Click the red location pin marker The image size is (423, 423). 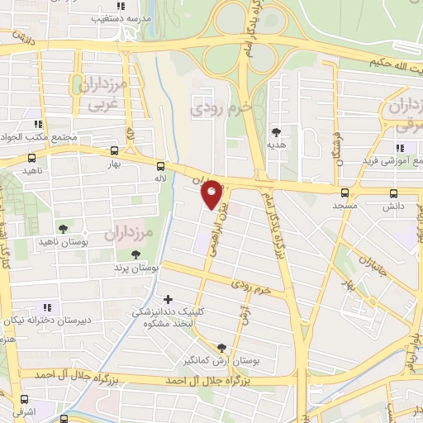[212, 194]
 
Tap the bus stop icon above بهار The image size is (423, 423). [114, 151]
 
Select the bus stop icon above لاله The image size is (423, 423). [160, 164]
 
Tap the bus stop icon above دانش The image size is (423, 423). [393, 192]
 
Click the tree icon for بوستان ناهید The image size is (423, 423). [63, 229]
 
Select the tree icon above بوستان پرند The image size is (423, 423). [135, 255]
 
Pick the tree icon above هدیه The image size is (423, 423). [276, 132]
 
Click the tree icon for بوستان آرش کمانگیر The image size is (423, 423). [221, 349]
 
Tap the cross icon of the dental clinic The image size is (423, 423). [169, 299]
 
